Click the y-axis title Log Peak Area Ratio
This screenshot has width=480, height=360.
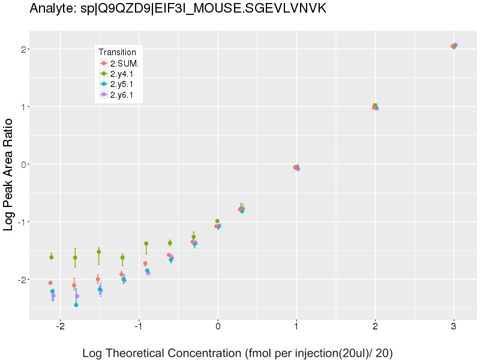(x=9, y=174)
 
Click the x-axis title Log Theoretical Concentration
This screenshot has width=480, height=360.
(x=237, y=353)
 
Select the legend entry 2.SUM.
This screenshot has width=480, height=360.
(x=125, y=63)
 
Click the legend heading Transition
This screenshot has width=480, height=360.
(x=121, y=52)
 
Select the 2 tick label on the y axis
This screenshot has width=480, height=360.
(x=23, y=49)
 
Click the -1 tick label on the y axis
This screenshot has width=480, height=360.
(x=21, y=222)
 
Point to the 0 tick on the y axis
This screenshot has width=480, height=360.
(x=23, y=164)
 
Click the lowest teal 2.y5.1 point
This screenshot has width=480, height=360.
(x=76, y=305)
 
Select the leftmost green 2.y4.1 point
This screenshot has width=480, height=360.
(x=52, y=257)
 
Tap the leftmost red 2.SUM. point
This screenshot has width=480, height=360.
(x=50, y=283)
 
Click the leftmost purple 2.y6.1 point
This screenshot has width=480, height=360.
(x=53, y=295)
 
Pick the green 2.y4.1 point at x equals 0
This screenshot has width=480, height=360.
(x=217, y=221)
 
